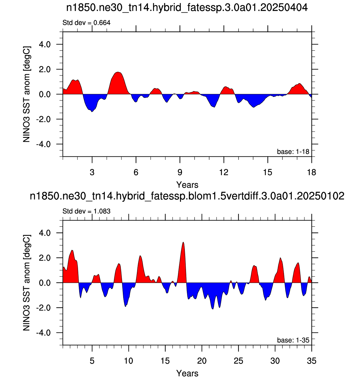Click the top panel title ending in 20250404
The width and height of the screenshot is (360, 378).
point(187,7)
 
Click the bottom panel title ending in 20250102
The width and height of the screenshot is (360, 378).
point(187,196)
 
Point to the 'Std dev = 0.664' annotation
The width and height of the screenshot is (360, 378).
point(87,23)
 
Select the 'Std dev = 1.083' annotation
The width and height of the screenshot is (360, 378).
point(87,211)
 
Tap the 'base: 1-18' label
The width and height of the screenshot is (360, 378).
point(293,152)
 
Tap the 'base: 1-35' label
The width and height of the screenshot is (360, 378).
point(293,340)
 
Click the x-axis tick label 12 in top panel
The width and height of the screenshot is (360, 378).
point(224,172)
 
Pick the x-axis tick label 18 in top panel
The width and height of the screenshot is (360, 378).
point(311,172)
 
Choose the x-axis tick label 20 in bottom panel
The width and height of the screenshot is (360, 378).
point(202,361)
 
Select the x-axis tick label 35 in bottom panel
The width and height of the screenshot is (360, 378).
point(311,361)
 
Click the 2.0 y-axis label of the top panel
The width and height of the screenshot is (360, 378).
point(45,69)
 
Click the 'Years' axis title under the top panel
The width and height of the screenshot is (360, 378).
point(187,185)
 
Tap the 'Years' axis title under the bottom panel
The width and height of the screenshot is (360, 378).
point(187,373)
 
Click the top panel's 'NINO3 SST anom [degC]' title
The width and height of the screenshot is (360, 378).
point(27,94)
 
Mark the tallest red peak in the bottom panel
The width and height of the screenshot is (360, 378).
point(183,242)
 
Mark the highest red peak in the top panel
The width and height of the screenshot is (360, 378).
point(118,72)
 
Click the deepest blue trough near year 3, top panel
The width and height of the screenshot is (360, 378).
point(92,112)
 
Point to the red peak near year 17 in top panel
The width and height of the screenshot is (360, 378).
point(299,83)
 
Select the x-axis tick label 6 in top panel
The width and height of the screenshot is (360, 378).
point(136,172)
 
